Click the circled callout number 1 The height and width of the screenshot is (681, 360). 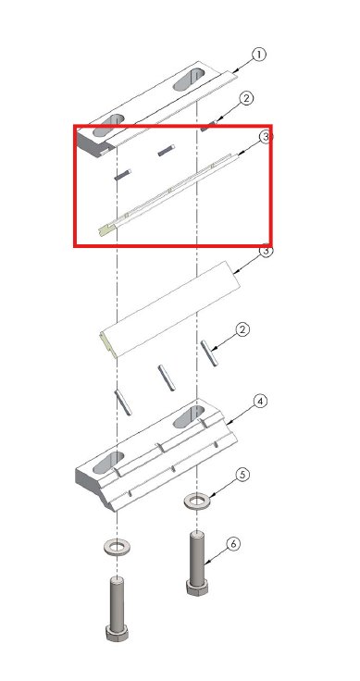258,56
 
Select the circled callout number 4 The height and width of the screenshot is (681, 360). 260,402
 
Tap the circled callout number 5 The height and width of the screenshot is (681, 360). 242,475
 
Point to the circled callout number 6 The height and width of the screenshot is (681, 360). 233,544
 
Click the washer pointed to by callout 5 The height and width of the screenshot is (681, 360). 197,501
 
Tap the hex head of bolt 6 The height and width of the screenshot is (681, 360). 197,588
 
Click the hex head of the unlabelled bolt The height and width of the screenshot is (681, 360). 117,632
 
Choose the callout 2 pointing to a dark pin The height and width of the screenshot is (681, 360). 246,99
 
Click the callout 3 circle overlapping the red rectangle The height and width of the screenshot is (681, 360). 266,137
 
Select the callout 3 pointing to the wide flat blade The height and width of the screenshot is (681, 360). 266,251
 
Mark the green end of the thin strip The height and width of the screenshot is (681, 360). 106,229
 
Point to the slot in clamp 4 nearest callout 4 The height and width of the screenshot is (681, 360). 189,417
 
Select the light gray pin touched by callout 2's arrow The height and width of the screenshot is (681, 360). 209,353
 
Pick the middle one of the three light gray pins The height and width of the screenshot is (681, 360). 167,378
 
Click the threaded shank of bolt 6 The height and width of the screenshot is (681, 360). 197,556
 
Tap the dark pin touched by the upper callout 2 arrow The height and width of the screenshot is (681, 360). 207,127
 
